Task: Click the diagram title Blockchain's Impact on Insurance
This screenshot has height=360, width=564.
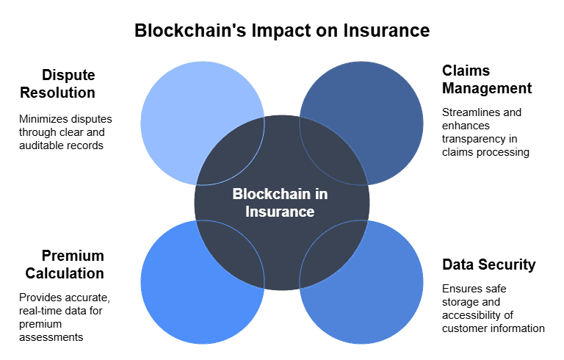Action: [x=282, y=31]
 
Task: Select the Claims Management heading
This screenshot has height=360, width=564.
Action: [x=487, y=79]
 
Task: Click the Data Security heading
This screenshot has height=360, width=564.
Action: [x=488, y=264]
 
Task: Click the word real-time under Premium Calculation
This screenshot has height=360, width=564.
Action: [x=41, y=312]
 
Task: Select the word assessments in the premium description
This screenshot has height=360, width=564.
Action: [x=51, y=338]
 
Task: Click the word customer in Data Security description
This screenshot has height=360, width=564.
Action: [x=463, y=328]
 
